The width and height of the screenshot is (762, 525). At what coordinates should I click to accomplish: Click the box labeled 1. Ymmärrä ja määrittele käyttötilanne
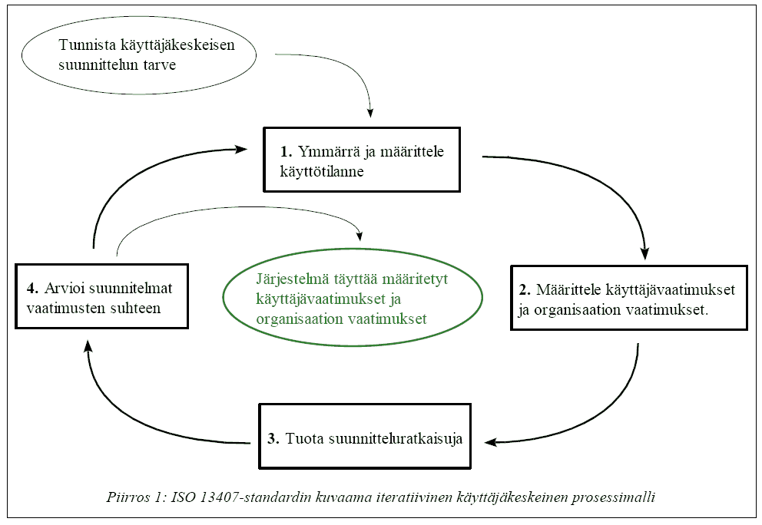[x=361, y=160]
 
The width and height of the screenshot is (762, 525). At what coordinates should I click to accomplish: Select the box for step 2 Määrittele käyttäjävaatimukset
[x=629, y=298]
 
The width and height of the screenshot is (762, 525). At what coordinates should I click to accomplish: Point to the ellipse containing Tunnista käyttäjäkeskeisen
[x=138, y=55]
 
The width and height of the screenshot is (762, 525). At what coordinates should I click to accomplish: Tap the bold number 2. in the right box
[x=525, y=291]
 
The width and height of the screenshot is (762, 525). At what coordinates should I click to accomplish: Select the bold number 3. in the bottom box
[x=273, y=440]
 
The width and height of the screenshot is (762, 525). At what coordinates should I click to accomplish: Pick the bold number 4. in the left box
[x=31, y=289]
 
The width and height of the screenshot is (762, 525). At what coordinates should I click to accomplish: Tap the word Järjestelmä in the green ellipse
[x=286, y=279]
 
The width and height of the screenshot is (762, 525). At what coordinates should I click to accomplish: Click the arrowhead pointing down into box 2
[x=645, y=253]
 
